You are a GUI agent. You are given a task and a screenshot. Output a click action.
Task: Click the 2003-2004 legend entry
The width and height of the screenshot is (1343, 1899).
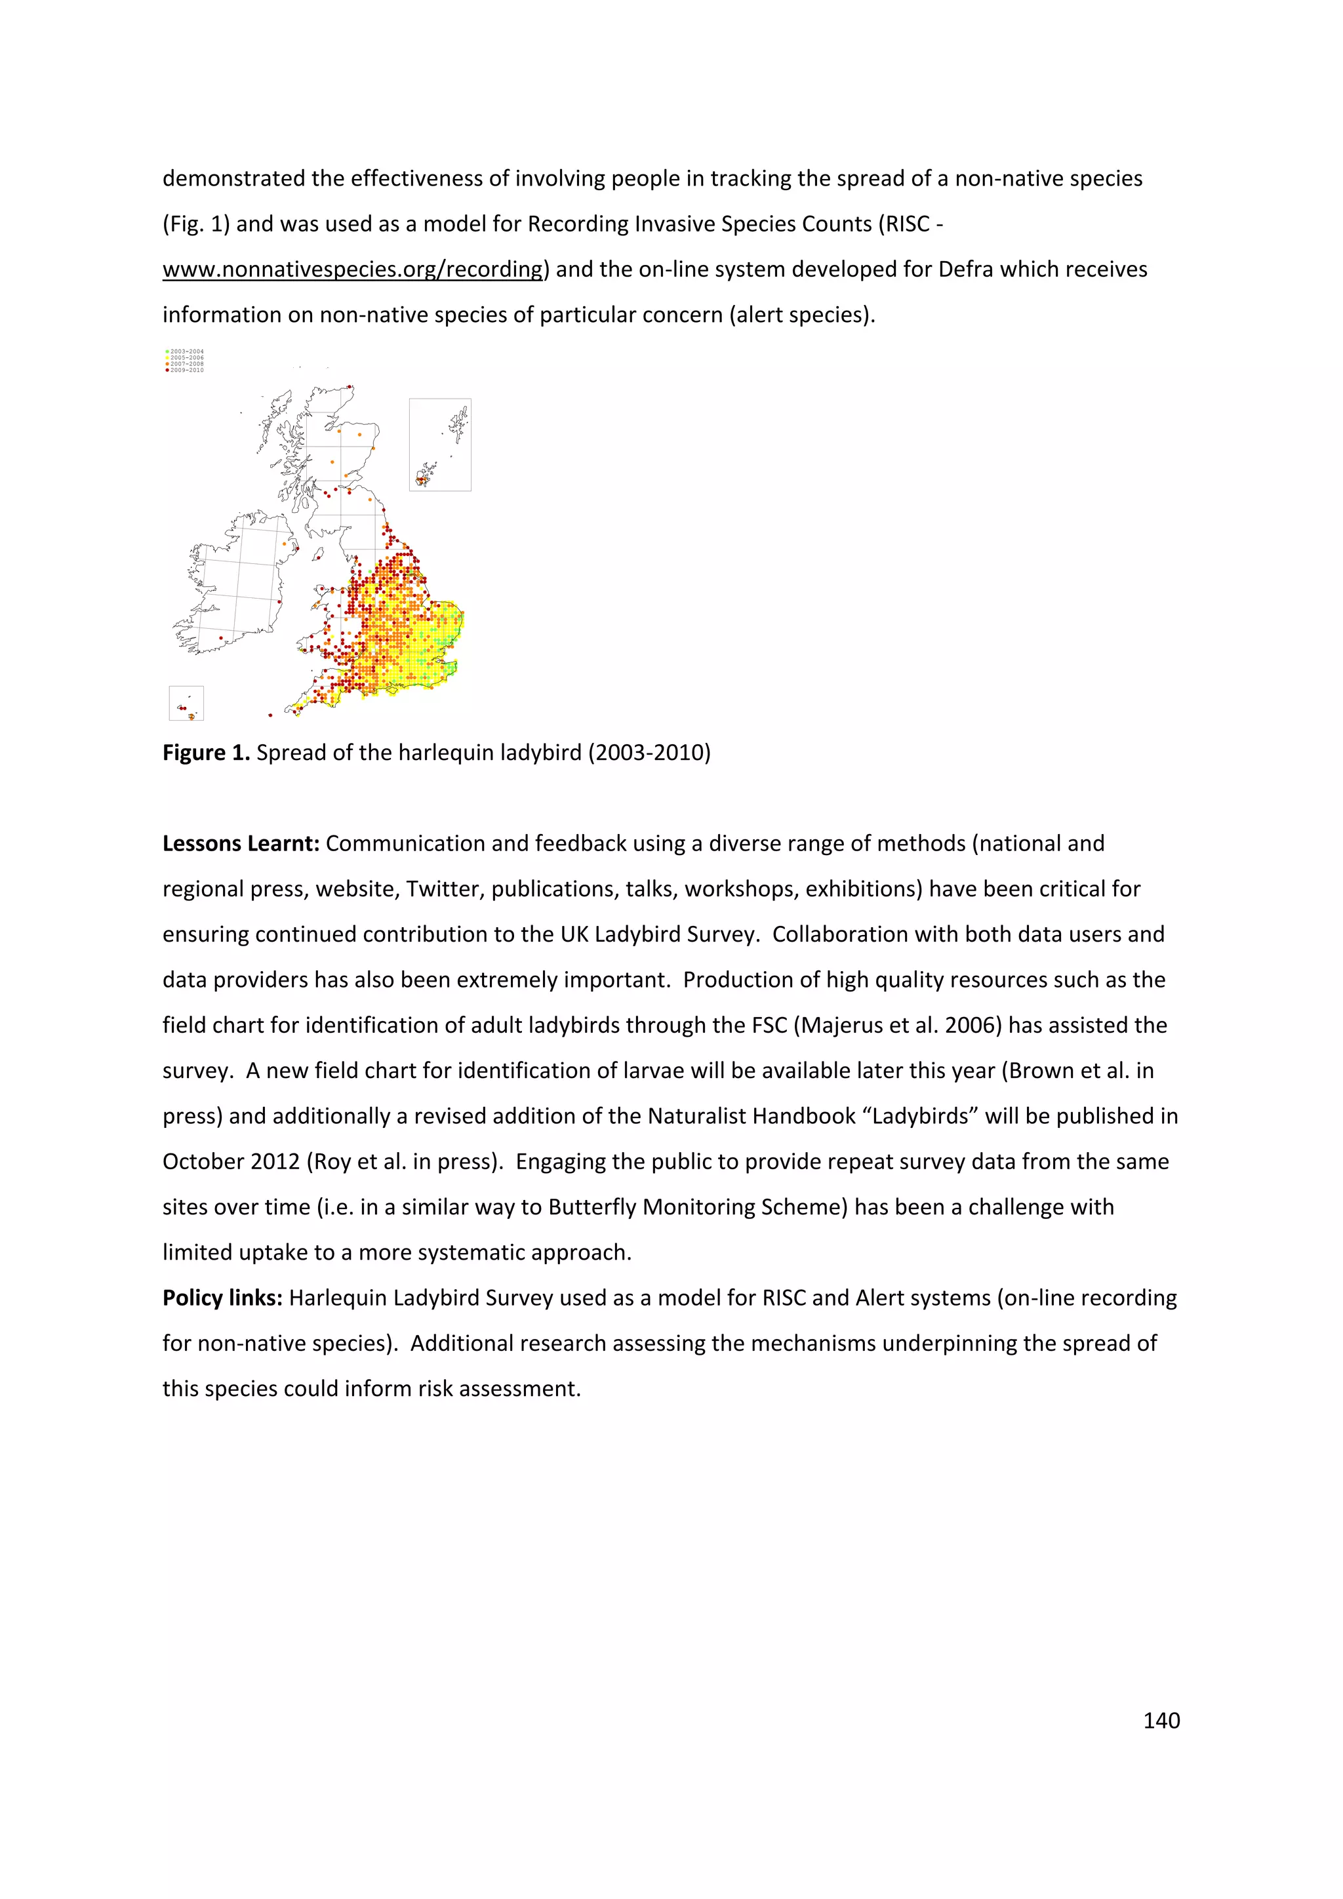(185, 351)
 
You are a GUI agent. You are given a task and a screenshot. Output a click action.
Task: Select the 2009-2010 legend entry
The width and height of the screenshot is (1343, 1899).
(185, 370)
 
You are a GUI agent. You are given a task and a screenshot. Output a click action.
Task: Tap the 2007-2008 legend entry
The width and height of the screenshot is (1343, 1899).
(185, 364)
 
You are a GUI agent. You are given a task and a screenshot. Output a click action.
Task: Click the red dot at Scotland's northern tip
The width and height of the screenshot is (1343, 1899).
(350, 386)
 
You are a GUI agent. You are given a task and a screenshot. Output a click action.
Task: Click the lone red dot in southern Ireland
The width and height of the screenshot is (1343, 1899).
(221, 637)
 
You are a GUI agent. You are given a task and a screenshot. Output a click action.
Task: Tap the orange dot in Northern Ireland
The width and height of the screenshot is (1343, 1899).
(295, 545)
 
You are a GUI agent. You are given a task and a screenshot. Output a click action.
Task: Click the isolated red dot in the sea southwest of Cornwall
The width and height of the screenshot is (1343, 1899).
(270, 715)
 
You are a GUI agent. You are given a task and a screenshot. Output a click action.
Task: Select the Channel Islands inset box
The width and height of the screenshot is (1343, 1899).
(186, 703)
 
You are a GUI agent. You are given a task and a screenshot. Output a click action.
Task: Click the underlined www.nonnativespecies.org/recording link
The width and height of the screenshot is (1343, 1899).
(353, 270)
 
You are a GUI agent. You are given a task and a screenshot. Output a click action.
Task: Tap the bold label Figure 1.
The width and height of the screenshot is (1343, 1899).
(206, 753)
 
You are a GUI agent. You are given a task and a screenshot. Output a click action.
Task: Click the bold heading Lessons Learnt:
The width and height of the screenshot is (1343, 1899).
(241, 844)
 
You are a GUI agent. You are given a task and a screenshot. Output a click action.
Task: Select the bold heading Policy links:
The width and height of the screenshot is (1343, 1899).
(222, 1298)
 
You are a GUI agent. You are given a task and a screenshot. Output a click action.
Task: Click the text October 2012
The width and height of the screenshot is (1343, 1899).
(231, 1161)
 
